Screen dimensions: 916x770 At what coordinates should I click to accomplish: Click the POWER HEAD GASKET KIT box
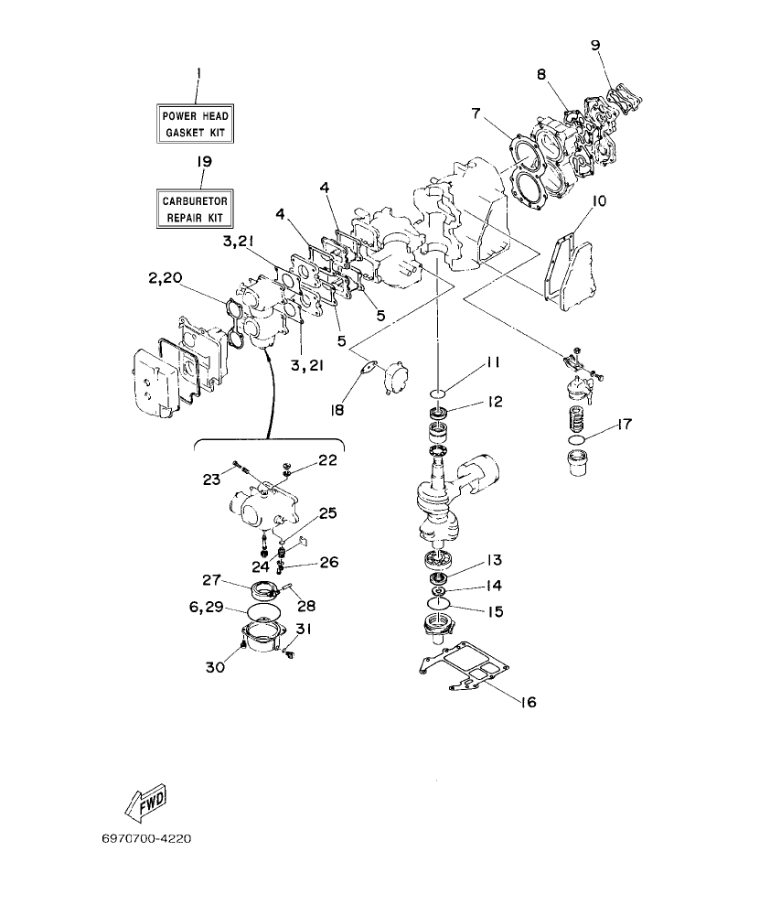click(x=196, y=124)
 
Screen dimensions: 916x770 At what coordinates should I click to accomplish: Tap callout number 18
click(x=337, y=410)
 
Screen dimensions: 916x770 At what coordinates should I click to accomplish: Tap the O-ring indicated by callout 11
click(x=438, y=393)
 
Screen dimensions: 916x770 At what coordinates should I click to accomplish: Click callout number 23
click(x=211, y=478)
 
